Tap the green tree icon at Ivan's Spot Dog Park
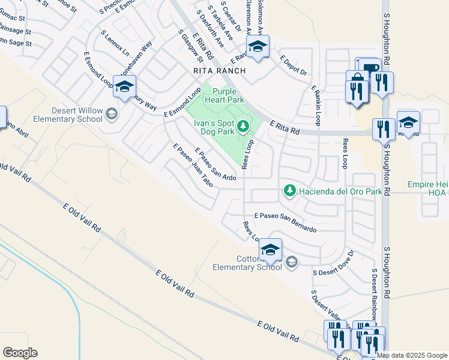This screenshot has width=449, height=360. click(x=243, y=126)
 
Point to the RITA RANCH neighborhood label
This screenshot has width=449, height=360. click(x=220, y=71)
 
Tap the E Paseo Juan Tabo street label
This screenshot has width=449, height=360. click(x=193, y=164)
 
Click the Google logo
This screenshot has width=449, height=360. click(x=20, y=353)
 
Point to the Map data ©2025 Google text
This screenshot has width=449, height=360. click(x=412, y=355)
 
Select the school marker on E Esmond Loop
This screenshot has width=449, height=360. click(x=124, y=86)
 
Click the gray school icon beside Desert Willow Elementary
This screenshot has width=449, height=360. click(x=111, y=114)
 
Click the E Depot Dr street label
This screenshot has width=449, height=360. click(x=294, y=65)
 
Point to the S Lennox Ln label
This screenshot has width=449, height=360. click(x=115, y=41)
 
